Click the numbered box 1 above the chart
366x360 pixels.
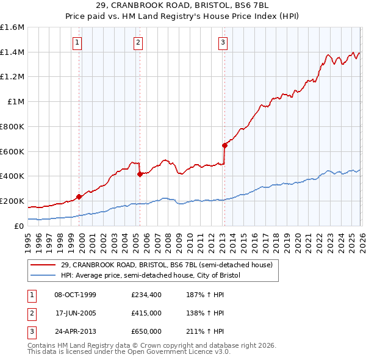pos(78,42)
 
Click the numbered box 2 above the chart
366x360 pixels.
pos(138,42)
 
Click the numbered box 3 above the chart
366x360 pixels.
pos(223,42)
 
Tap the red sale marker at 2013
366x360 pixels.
pos(224,145)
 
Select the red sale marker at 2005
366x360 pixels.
pos(140,175)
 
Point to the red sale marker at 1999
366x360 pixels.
pos(79,196)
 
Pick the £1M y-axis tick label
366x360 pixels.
pos(16,102)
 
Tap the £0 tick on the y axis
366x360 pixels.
pos(20,226)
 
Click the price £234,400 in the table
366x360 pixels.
pos(146,295)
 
